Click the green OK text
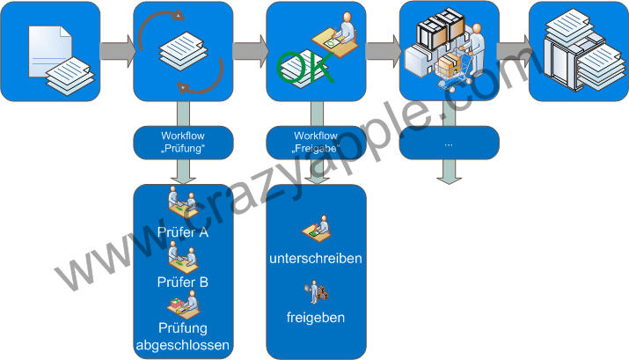click(306, 68)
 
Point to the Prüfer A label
click(183, 233)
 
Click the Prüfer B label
click(183, 282)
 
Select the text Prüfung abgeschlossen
click(183, 337)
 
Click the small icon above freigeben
click(314, 290)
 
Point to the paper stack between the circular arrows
click(183, 51)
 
